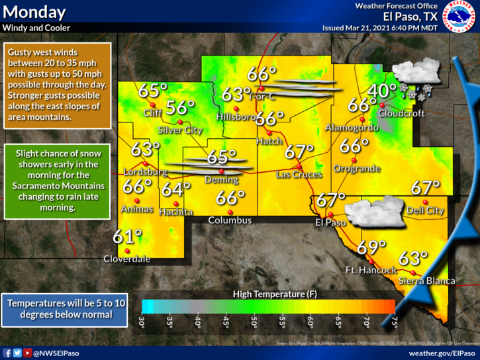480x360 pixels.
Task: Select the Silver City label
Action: click(181, 130)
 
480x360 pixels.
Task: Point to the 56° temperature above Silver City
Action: click(181, 107)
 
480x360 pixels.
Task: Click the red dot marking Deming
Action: click(222, 172)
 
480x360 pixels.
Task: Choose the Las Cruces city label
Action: click(299, 175)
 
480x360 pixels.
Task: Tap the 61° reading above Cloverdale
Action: click(127, 236)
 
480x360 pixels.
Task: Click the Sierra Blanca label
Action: click(427, 281)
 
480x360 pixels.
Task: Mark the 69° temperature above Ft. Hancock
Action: click(371, 247)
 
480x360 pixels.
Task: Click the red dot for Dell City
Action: click(425, 202)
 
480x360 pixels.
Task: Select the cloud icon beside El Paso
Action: click(370, 213)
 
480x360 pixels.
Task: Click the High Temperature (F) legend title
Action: click(268, 293)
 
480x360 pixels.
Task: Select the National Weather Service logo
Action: click(459, 17)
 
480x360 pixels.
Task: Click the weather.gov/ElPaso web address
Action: click(442, 353)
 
